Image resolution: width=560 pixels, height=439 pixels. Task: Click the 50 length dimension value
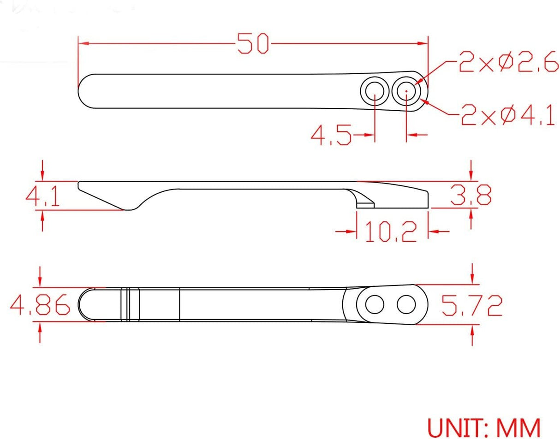(253, 43)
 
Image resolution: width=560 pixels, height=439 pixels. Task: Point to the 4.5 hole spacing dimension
(331, 136)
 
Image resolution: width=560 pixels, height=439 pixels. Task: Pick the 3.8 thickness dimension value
(471, 195)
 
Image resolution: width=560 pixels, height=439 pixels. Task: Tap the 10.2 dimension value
(391, 231)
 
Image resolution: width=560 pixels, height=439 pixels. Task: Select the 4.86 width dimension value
(40, 305)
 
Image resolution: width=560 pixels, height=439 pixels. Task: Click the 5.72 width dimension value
(471, 305)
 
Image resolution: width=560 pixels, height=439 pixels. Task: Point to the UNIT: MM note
(483, 427)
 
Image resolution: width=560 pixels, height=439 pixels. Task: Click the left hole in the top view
(374, 91)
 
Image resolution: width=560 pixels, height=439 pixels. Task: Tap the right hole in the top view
(406, 91)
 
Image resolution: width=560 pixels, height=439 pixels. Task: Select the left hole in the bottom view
(375, 305)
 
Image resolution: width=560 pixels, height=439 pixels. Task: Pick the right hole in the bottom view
(406, 305)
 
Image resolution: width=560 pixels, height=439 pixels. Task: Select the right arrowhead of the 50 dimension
(423, 43)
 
